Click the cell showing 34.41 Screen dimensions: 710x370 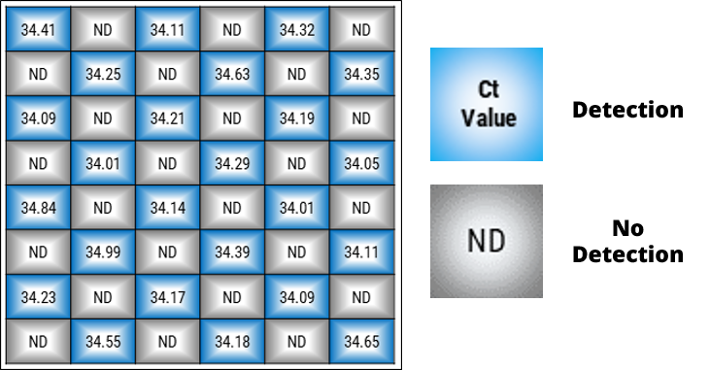[39, 29]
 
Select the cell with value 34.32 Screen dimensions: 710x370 [297, 29]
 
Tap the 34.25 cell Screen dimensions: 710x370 [103, 74]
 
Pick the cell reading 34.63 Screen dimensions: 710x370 [232, 74]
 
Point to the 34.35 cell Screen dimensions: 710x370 [361, 74]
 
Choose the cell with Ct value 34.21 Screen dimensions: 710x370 [167, 118]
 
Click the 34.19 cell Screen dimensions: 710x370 [297, 118]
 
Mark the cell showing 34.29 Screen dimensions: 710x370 [232, 163]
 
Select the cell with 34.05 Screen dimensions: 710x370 [361, 163]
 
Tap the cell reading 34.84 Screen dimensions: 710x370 [39, 208]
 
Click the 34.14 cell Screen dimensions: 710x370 [167, 208]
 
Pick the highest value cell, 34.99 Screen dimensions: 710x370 [103, 252]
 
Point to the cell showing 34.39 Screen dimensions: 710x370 [232, 252]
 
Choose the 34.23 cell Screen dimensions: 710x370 [39, 297]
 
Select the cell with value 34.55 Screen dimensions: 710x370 [103, 342]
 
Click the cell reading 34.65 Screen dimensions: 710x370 [361, 342]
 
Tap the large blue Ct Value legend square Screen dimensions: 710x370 [487, 104]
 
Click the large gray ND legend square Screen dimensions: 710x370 [487, 241]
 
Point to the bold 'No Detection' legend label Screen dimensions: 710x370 [627, 242]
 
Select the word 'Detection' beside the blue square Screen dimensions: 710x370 [627, 110]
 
